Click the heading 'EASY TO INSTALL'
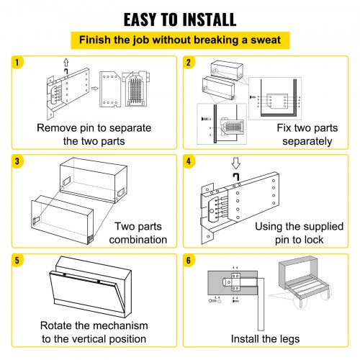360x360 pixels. (x=179, y=19)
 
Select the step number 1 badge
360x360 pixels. (x=16, y=63)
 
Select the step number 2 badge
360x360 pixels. (x=189, y=63)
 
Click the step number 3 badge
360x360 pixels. (x=16, y=160)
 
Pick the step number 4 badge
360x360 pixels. (x=189, y=160)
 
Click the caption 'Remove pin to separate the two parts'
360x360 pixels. (x=90, y=134)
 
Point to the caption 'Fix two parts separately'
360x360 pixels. (x=302, y=135)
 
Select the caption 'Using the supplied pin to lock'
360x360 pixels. (x=296, y=232)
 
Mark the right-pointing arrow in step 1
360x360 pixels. (x=94, y=91)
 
